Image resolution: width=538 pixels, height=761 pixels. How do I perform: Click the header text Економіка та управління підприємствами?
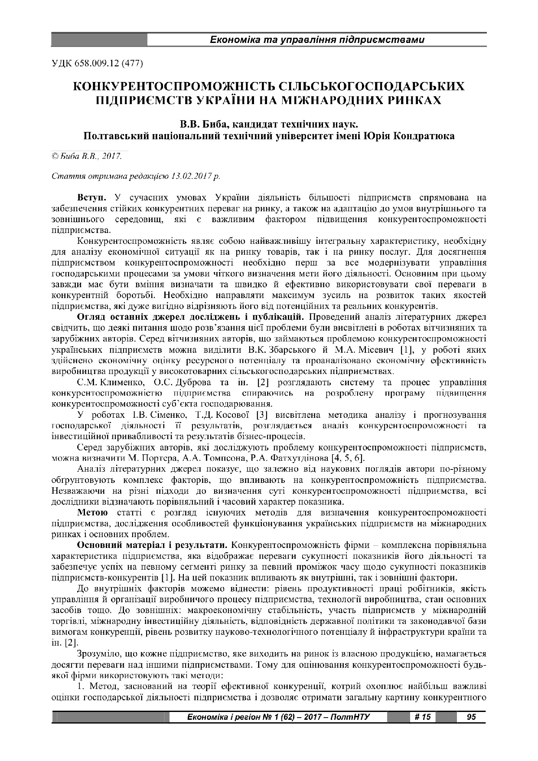click(x=316, y=40)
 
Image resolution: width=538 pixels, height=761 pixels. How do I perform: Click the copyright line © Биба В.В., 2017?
click(x=87, y=155)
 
